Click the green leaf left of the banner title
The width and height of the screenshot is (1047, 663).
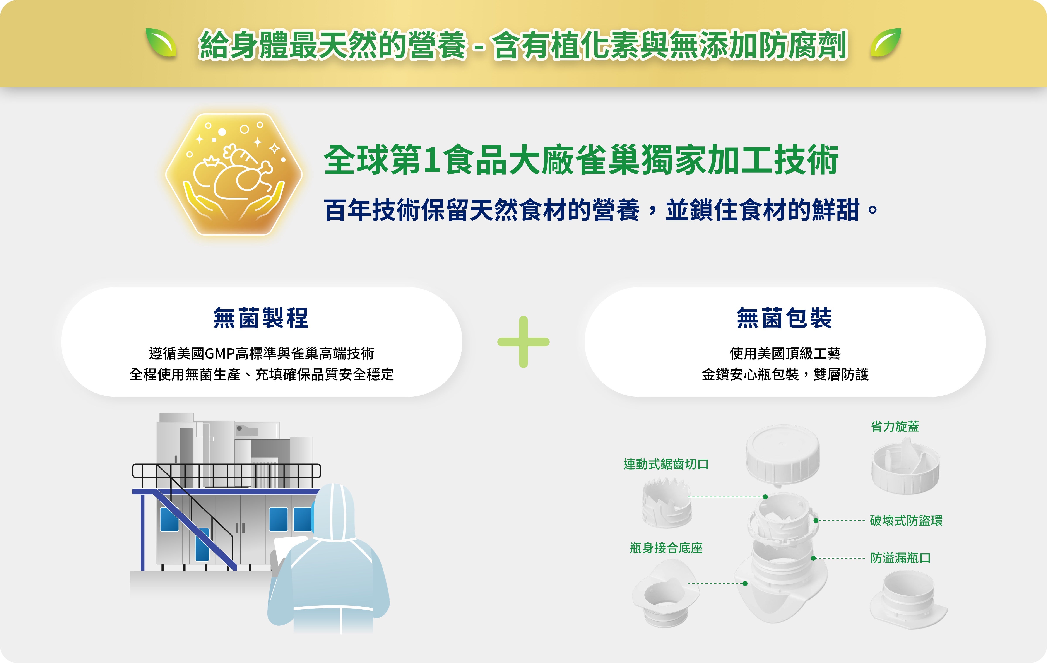161,43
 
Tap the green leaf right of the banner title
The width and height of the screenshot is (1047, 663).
886,43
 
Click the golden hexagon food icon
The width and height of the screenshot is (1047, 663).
234,174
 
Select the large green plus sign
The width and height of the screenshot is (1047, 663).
523,342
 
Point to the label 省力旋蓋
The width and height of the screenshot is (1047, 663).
895,427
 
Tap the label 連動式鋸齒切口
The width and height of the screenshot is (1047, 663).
666,464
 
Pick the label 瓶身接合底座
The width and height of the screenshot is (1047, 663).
666,548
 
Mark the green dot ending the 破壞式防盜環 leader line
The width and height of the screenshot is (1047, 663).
816,520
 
